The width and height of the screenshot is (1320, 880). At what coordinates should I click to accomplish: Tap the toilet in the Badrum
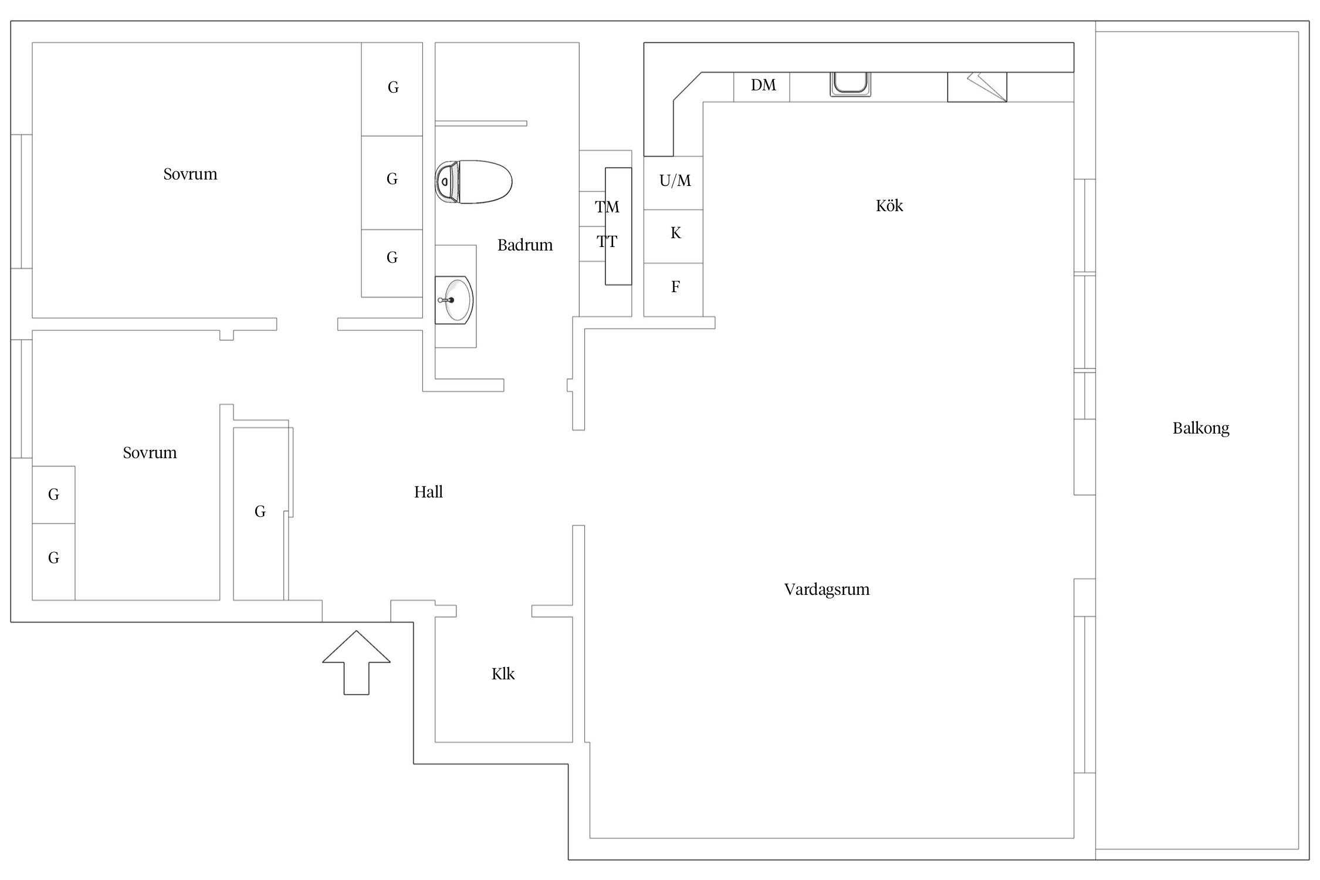click(473, 182)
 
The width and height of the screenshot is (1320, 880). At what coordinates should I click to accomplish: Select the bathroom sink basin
click(456, 300)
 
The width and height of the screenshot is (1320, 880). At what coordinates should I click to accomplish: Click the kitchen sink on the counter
click(850, 83)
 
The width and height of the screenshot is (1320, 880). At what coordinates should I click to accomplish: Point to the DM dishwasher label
click(763, 86)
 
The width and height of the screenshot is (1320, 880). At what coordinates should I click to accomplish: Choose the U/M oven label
click(675, 181)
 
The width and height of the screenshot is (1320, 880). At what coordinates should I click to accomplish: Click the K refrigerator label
click(676, 233)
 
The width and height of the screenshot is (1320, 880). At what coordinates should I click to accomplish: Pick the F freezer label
click(675, 287)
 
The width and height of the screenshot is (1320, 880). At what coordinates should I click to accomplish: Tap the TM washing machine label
click(607, 207)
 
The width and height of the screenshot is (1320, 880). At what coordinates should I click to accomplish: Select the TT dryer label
click(607, 241)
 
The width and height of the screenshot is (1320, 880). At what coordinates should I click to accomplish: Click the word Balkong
click(1200, 428)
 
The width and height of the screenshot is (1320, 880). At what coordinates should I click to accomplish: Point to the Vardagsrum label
click(827, 590)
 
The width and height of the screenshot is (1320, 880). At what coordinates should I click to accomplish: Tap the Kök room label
click(889, 206)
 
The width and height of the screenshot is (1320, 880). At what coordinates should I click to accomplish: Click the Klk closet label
click(503, 674)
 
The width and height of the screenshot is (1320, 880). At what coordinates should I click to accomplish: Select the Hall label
click(428, 492)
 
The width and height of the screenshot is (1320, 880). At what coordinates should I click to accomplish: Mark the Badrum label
click(525, 245)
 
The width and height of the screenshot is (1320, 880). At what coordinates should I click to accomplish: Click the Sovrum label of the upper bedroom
click(190, 174)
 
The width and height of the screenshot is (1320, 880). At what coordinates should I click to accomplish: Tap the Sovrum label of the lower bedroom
click(150, 453)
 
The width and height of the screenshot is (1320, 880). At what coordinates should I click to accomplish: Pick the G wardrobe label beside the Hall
click(260, 512)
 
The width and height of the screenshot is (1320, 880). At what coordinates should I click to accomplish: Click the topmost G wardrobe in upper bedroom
click(393, 87)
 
